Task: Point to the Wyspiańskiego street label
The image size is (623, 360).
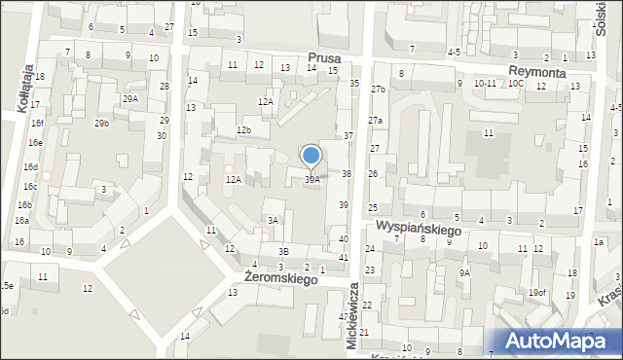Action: click(x=419, y=228)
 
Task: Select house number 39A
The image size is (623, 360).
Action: click(x=312, y=180)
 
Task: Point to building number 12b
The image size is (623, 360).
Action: click(x=244, y=130)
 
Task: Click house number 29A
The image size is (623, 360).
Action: click(x=129, y=99)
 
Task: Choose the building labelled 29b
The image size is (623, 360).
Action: click(x=101, y=123)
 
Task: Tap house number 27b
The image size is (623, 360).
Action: click(x=378, y=90)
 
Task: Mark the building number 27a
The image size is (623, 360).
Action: click(x=376, y=120)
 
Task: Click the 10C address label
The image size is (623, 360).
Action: click(x=515, y=84)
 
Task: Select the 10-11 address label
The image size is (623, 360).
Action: click(x=485, y=84)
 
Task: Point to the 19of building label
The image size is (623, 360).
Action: click(x=537, y=293)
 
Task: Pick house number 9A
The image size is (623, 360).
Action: click(x=464, y=273)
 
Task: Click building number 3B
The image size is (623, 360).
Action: click(x=282, y=252)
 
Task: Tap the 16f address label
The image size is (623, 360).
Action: click(x=36, y=124)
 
